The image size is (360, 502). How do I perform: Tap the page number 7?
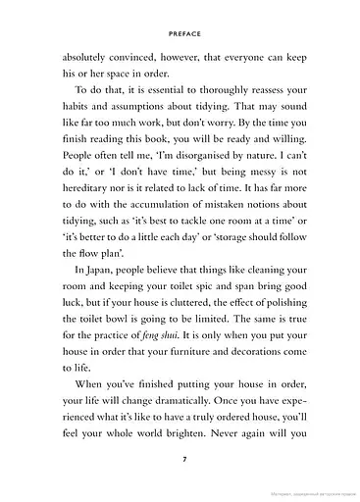[180, 460]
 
